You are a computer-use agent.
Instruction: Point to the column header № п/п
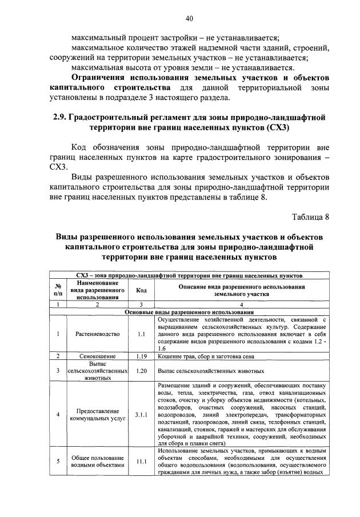(58, 290)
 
